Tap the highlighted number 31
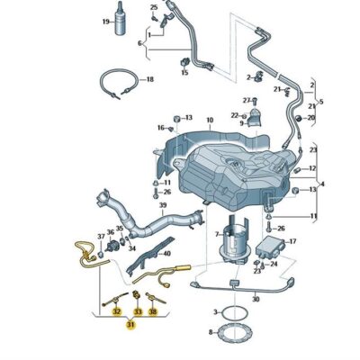coord(130,325)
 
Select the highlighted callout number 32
coord(116,312)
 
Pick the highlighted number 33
coord(138,312)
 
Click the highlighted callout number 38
coord(153,312)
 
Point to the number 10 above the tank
coord(210,121)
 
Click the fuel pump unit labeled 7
coord(236,240)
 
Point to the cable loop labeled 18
coord(119,84)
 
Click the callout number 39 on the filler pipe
coord(163,205)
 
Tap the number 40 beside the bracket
coord(166,254)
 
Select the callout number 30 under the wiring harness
coord(256,299)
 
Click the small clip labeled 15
coord(184,62)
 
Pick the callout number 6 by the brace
coord(139,43)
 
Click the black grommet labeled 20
coord(299,118)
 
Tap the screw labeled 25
coord(155,18)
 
